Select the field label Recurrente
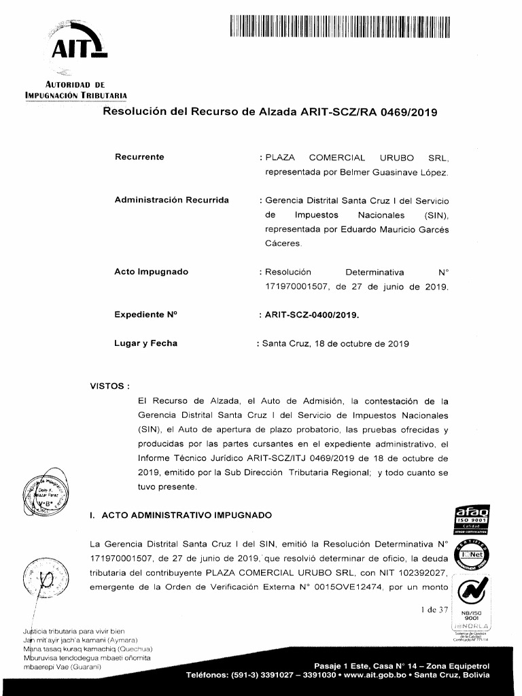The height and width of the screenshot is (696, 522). point(139,157)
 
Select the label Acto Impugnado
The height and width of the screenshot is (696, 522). point(151,272)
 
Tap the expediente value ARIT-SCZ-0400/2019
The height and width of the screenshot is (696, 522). point(312,315)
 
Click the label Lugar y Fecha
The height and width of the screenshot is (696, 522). point(145,343)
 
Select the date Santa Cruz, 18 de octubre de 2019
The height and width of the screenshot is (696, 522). point(332,344)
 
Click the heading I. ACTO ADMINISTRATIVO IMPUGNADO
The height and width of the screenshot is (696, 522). point(181,515)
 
